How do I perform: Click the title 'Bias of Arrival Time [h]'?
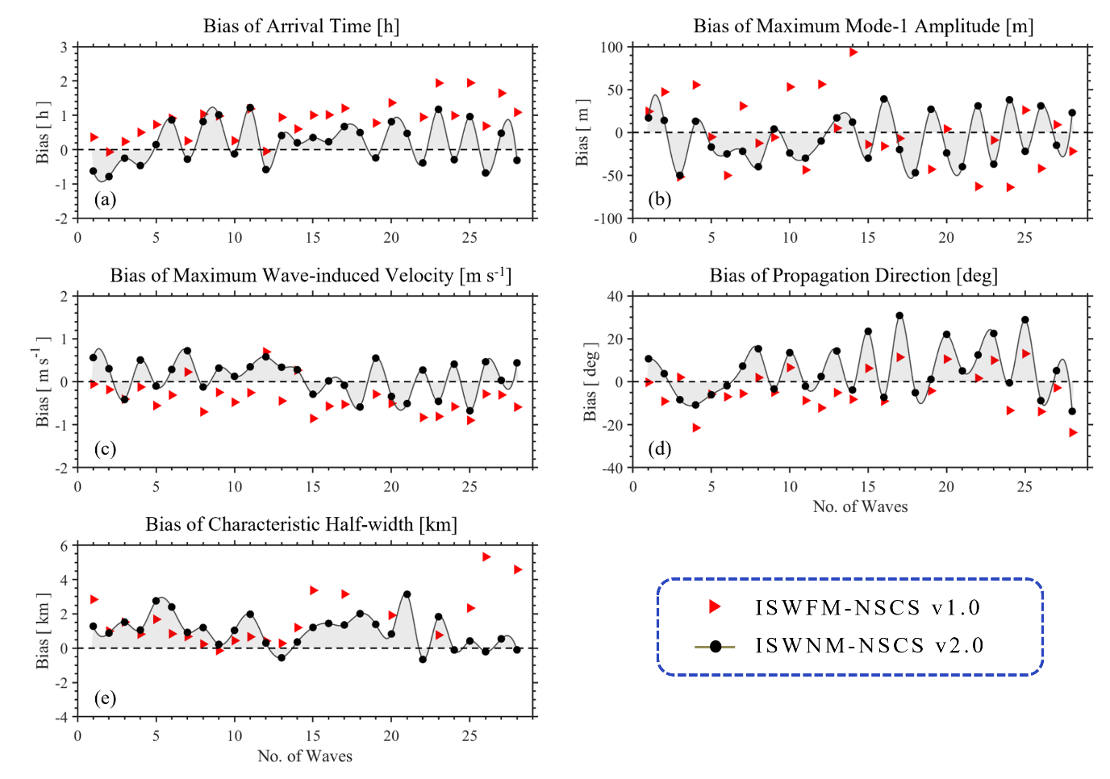point(301,26)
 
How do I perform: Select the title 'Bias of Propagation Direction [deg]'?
point(853,276)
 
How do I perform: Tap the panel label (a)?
point(105,199)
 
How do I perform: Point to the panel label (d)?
point(660,448)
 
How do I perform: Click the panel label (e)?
point(105,698)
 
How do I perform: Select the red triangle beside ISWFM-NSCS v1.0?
point(714,606)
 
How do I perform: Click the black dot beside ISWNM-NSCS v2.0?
point(715,646)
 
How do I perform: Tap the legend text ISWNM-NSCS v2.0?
point(870,646)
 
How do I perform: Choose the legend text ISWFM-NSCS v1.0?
point(868,607)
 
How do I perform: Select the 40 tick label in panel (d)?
point(615,297)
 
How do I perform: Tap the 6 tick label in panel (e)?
point(65,546)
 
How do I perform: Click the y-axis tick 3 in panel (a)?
point(65,48)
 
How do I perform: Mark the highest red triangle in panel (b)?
point(853,52)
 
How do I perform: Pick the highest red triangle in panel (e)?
point(486,557)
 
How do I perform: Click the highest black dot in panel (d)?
point(899,316)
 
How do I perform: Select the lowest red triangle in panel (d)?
point(1073,433)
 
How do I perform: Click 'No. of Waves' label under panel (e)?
point(305,756)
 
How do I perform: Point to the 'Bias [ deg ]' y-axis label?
point(590,381)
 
